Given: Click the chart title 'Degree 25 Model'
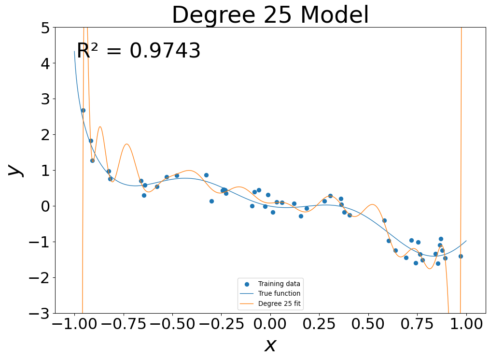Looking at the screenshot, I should tap(270, 15).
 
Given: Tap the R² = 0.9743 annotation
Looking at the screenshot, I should tap(139, 51).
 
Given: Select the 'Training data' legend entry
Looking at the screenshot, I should tap(279, 284).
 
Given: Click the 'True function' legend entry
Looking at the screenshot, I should tap(279, 293).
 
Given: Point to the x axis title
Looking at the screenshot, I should tap(270, 345).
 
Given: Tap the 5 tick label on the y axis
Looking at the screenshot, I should tap(44, 28).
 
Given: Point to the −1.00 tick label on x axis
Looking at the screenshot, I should tap(74, 324).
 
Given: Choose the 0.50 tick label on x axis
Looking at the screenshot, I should tap(368, 324).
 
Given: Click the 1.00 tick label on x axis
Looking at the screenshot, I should tap(466, 324).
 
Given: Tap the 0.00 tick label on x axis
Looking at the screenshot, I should tap(270, 324).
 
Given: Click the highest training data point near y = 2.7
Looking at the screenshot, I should tap(83, 110).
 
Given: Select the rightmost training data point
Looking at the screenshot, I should tap(461, 256).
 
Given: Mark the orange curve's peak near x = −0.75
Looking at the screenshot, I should tap(126, 144).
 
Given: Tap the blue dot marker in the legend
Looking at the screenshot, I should tap(247, 284).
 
